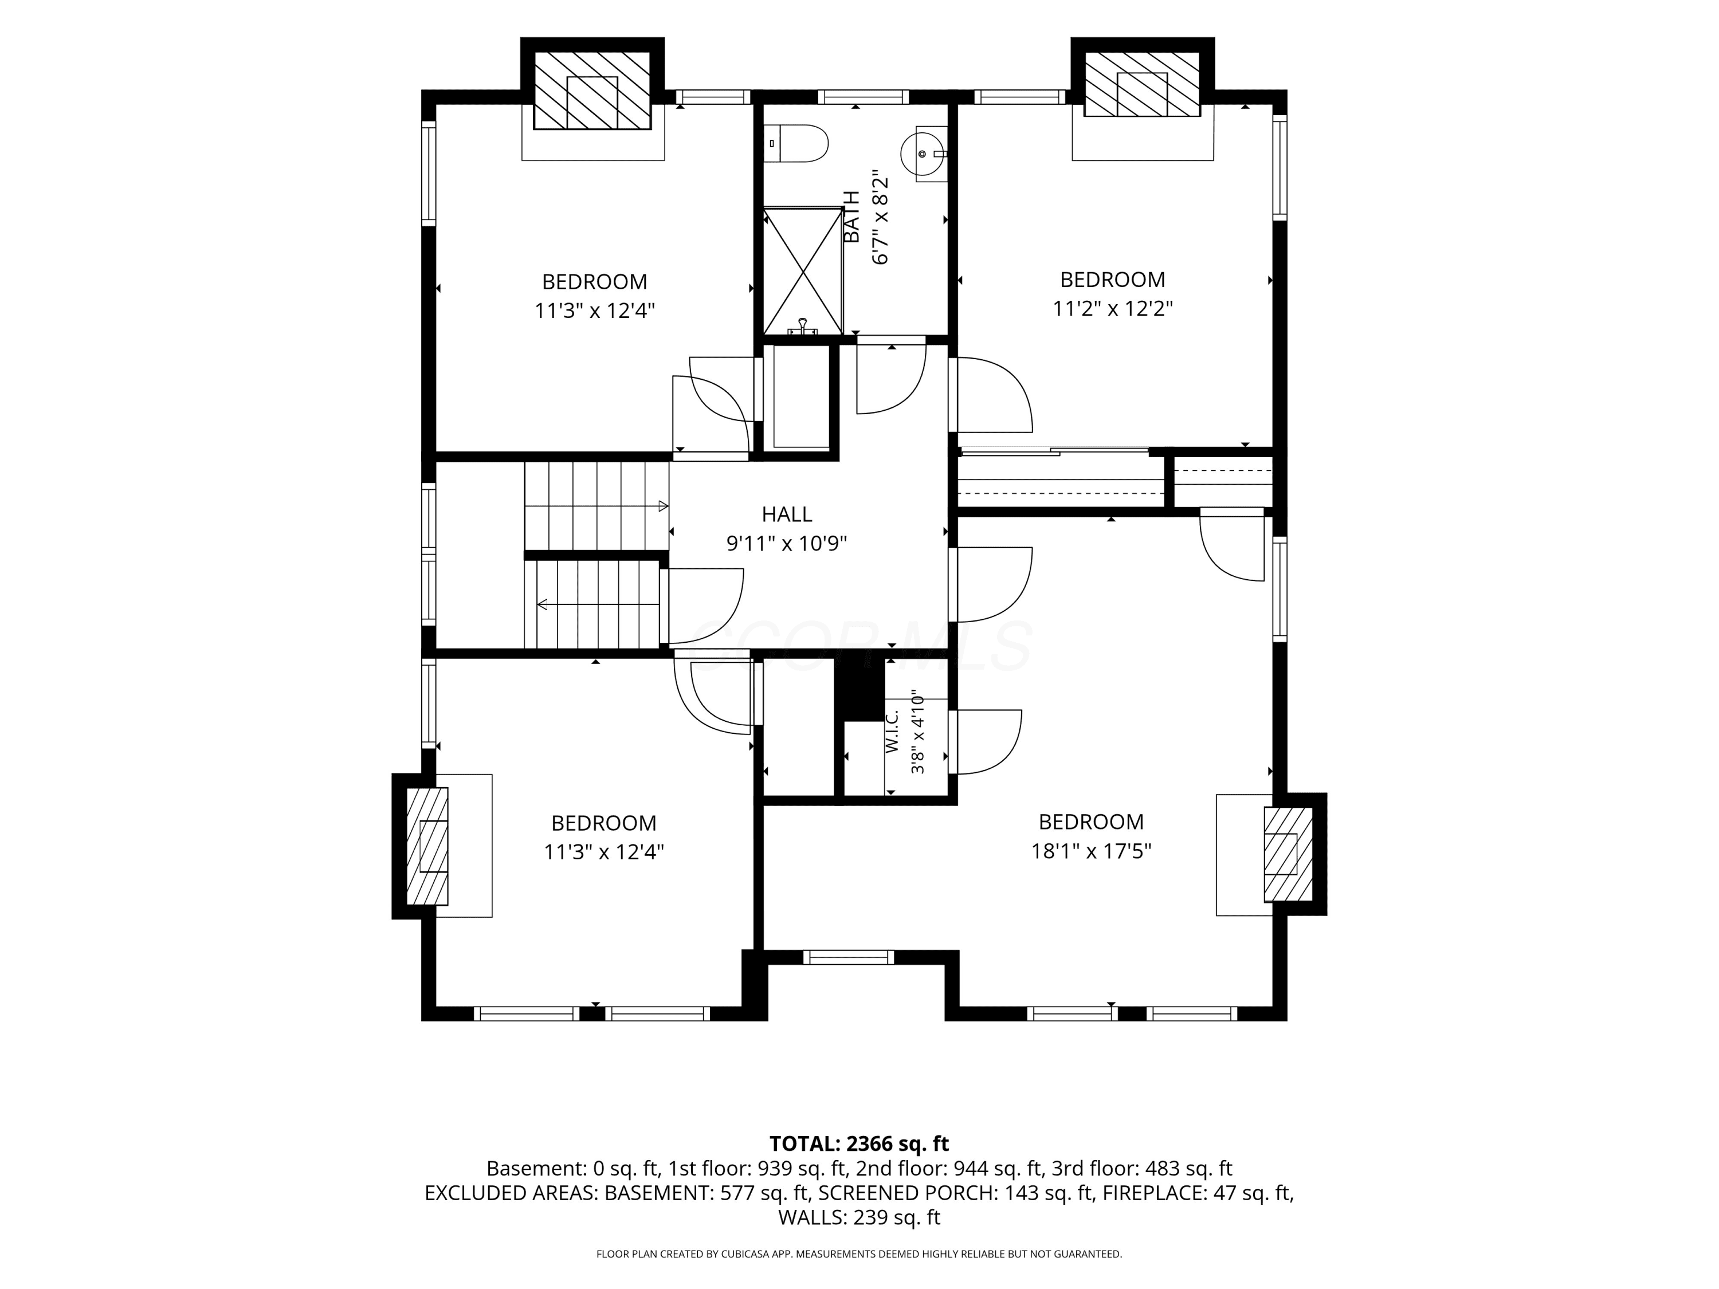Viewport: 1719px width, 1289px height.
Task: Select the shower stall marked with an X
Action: pyautogui.click(x=803, y=270)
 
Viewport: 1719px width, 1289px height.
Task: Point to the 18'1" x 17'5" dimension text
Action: pyautogui.click(x=1091, y=851)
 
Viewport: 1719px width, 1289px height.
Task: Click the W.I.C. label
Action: pyautogui.click(x=892, y=731)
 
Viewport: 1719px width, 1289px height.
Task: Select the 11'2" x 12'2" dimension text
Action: pyautogui.click(x=1112, y=308)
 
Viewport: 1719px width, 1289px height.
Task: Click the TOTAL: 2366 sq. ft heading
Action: pyautogui.click(x=859, y=1143)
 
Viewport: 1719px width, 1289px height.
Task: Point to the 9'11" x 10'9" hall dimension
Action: pyautogui.click(x=787, y=543)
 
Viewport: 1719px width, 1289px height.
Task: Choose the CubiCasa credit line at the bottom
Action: pyautogui.click(x=859, y=1254)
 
